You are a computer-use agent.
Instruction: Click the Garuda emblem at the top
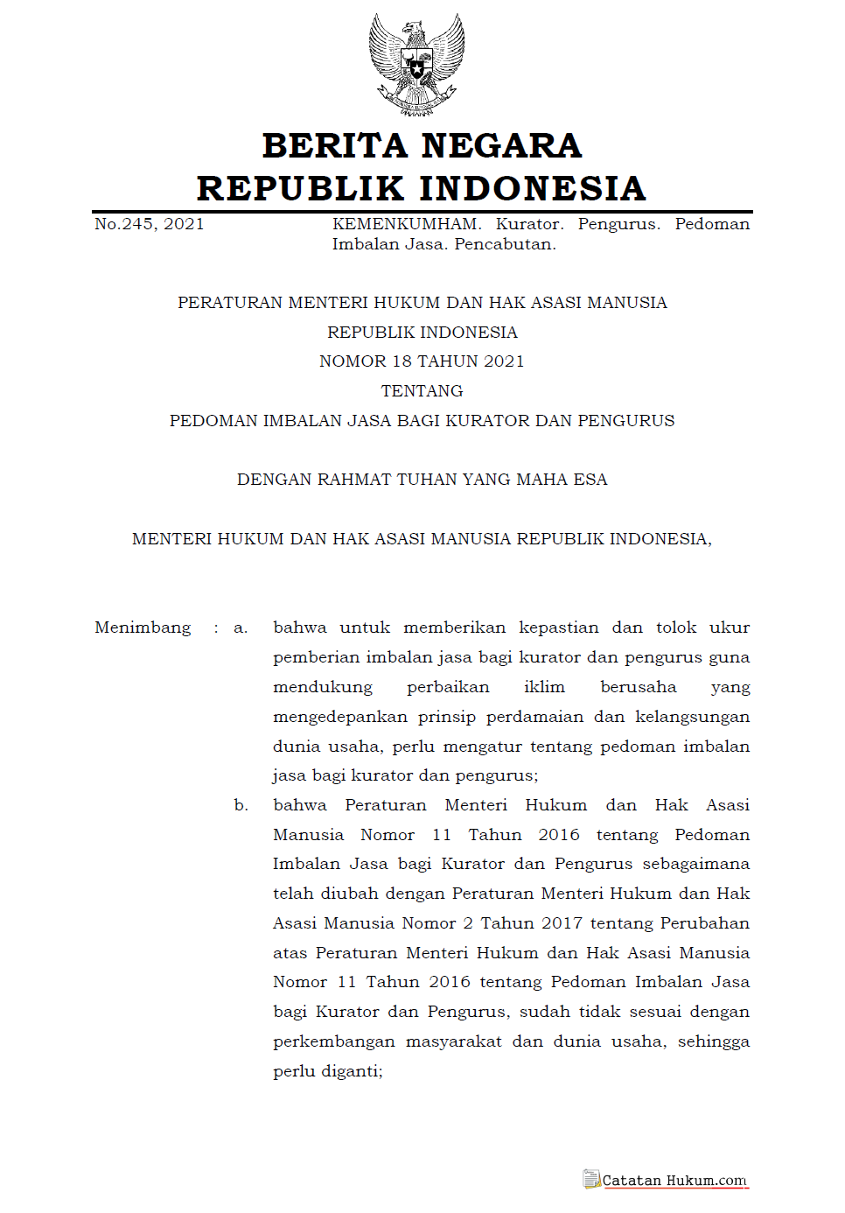[417, 64]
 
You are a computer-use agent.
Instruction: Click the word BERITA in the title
[334, 146]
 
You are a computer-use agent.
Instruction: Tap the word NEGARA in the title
[501, 146]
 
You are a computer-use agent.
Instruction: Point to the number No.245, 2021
[150, 224]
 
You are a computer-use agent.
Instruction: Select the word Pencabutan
[505, 244]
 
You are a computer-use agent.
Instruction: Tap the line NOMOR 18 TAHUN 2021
[422, 361]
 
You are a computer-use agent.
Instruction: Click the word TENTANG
[422, 391]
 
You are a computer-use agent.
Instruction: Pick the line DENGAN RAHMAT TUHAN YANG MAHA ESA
[422, 480]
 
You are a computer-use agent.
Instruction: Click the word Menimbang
[143, 628]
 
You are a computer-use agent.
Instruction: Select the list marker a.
[241, 628]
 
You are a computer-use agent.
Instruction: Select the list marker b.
[241, 805]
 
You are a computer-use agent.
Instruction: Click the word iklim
[544, 687]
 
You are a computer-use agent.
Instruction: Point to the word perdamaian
[534, 717]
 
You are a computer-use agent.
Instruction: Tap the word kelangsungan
[692, 718]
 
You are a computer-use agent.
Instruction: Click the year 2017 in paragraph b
[562, 923]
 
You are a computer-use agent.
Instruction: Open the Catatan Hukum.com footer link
[674, 1181]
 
